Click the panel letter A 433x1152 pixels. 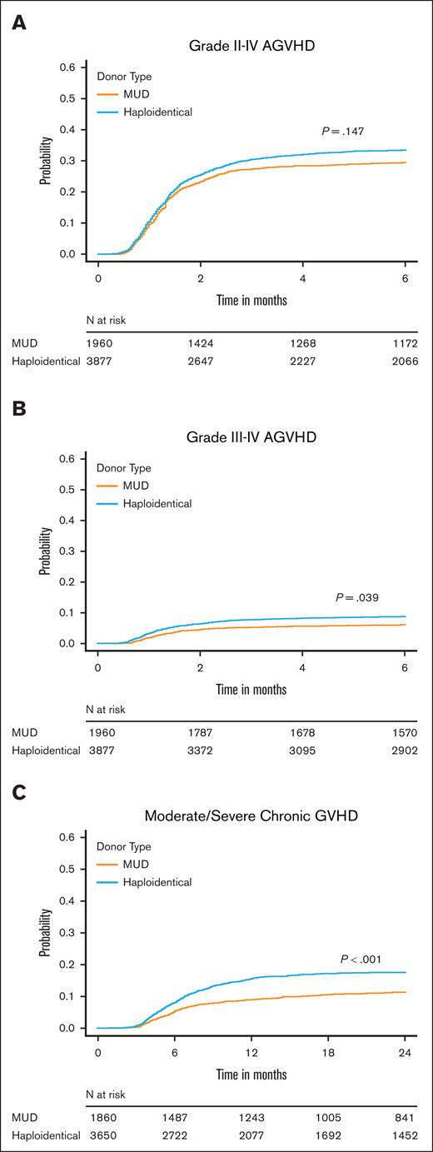pyautogui.click(x=17, y=23)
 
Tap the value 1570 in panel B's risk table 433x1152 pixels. pyautogui.click(x=405, y=731)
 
